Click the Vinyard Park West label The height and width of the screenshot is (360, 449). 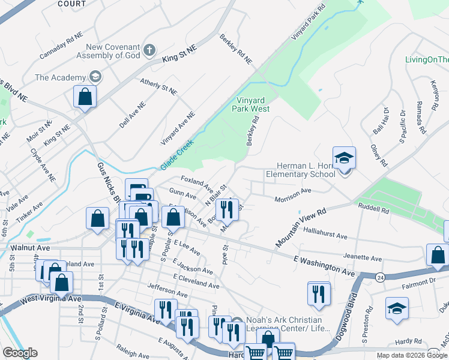tap(251, 104)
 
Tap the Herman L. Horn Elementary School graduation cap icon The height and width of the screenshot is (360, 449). tap(344, 158)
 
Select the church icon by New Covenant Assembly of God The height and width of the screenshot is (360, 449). tap(149, 50)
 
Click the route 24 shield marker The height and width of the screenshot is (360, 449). tap(379, 277)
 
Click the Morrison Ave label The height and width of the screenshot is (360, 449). tap(293, 197)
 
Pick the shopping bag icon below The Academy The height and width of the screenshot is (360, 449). tap(85, 97)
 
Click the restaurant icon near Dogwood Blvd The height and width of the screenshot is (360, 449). tap(319, 293)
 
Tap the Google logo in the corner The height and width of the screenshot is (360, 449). tap(20, 353)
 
